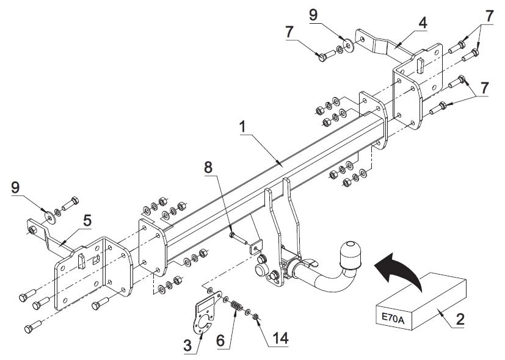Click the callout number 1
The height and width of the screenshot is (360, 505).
click(242, 127)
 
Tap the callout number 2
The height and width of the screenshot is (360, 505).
click(460, 319)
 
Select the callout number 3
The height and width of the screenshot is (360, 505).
click(187, 346)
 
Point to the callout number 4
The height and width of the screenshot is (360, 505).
click(423, 23)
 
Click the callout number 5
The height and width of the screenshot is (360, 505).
click(87, 221)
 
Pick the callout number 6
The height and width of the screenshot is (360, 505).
click(220, 341)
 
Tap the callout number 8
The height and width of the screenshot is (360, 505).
click(208, 167)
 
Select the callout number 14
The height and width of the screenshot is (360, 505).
click(280, 339)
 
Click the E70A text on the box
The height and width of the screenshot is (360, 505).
click(393, 317)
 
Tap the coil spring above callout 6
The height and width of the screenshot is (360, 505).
click(237, 306)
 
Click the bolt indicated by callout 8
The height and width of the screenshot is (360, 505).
click(238, 239)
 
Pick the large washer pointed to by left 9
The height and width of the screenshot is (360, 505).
click(50, 218)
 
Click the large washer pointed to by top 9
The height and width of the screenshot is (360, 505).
click(348, 45)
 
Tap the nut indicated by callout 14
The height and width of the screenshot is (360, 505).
click(256, 317)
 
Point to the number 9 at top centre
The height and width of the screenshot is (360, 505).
click(313, 15)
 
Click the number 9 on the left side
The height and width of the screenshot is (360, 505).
click(15, 187)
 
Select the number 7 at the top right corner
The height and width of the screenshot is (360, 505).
click(489, 16)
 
